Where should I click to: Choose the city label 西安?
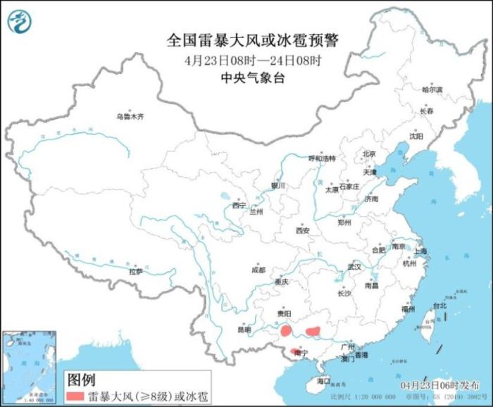[x=303, y=230]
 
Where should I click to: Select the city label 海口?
[x=323, y=380]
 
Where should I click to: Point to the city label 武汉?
[x=354, y=267]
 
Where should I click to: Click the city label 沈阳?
[x=416, y=137]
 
